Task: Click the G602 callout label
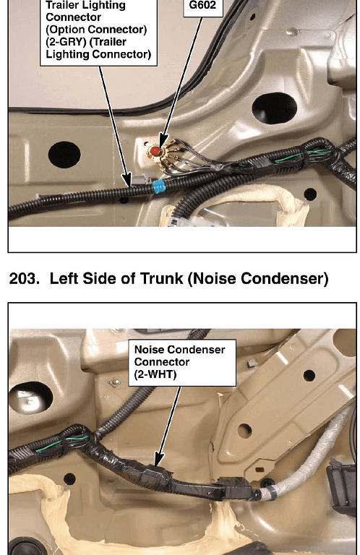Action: [203, 6]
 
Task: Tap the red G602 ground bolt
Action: [155, 152]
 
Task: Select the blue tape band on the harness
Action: [159, 186]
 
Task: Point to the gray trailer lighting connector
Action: [140, 179]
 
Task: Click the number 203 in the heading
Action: [24, 278]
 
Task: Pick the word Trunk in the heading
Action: [161, 278]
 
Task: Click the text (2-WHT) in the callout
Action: [155, 374]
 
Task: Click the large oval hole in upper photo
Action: [274, 108]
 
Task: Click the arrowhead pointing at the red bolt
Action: [163, 139]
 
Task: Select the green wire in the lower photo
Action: [61, 444]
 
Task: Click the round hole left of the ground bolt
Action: [64, 155]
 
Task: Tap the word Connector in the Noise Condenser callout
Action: [162, 362]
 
